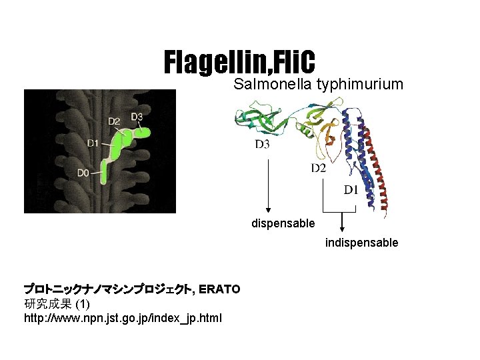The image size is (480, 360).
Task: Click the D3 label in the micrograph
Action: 136,117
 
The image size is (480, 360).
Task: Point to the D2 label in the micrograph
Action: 114,121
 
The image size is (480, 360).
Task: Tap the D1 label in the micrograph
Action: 93,142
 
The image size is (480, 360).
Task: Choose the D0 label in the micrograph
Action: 83,173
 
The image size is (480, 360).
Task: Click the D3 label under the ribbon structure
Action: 263,144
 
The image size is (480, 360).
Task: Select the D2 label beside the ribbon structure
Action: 318,167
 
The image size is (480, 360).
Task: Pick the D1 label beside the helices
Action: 351,190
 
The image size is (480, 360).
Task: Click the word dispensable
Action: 283,223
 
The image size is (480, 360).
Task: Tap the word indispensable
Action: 361,243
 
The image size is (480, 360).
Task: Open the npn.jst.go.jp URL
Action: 123,318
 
